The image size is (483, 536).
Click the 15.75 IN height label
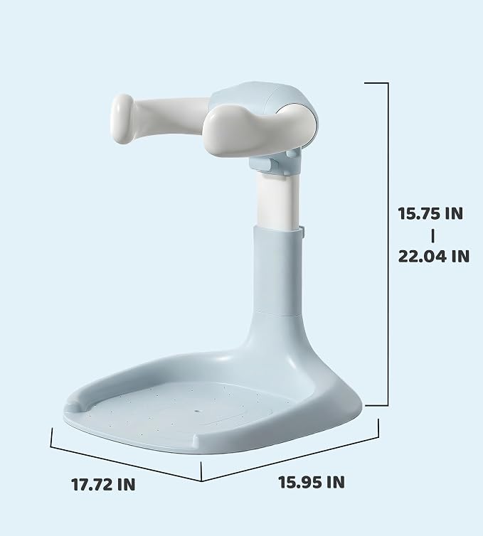430,214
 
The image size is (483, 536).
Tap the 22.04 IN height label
434,256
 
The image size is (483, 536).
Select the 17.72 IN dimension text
103,484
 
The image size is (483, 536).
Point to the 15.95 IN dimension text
312,482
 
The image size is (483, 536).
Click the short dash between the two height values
433,236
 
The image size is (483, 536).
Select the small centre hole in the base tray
196,412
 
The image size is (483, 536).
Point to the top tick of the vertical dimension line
376,82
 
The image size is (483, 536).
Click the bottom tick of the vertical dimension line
376,405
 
